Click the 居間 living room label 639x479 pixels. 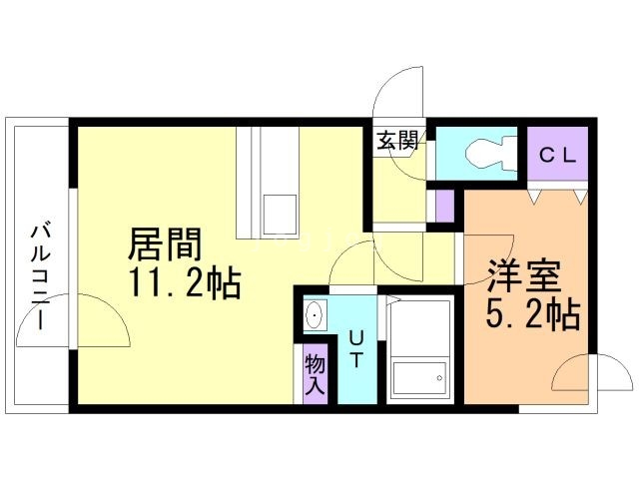point(165,243)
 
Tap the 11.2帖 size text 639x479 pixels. point(185,283)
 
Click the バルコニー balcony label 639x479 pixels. point(41,276)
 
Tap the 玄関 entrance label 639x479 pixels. point(397,140)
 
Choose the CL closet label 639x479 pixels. point(557,156)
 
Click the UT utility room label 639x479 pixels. point(355,348)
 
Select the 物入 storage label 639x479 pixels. point(316,374)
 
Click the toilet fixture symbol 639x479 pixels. point(491,154)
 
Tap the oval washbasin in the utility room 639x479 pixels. point(316,315)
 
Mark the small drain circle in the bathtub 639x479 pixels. point(439,378)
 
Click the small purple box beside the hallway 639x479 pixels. point(444,207)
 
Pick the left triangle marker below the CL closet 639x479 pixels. point(535,198)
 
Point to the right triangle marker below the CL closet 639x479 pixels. point(581,198)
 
